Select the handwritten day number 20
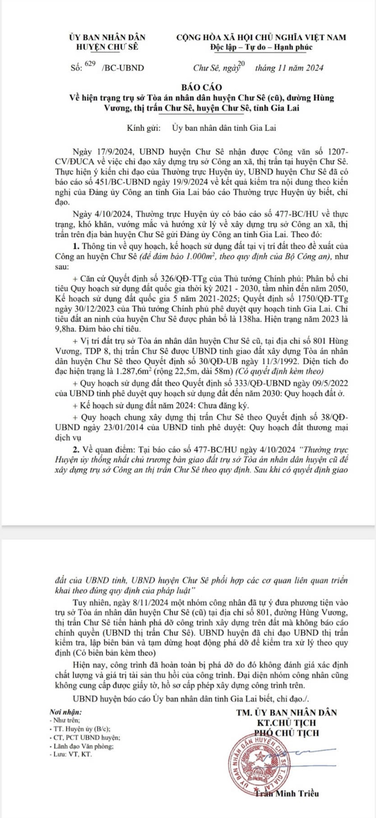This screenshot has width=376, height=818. tap(242, 63)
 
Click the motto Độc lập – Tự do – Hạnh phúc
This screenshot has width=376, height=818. tap(261, 47)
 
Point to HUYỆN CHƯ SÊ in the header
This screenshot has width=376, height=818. tap(107, 47)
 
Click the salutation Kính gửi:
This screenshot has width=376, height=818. tap(144, 128)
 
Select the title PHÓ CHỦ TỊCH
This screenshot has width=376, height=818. tap(287, 733)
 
